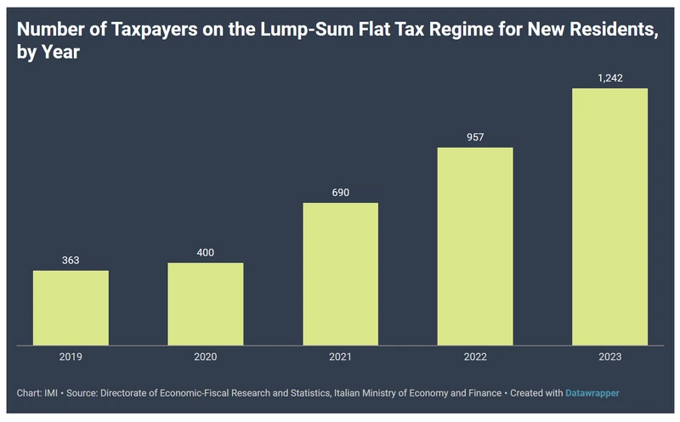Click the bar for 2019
tap(71, 308)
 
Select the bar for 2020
tap(206, 304)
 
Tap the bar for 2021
tap(340, 274)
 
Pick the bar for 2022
tap(475, 246)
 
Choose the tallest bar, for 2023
tap(609, 217)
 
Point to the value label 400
tap(206, 250)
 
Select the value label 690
tap(340, 191)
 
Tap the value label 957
tap(475, 136)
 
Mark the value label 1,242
tap(609, 76)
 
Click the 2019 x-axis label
tap(71, 357)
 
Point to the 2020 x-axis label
tap(206, 357)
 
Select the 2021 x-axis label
tap(340, 357)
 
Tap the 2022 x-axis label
tap(475, 357)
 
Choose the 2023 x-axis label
tap(609, 357)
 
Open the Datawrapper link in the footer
tap(593, 393)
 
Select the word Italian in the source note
tap(341, 393)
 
